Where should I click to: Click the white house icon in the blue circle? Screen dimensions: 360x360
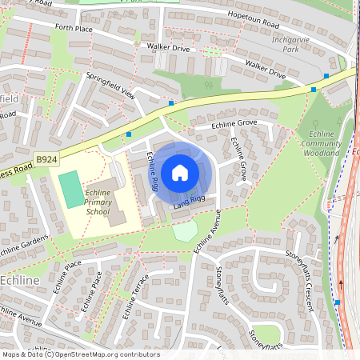(180, 172)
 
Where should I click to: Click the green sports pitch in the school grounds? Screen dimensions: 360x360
(70, 188)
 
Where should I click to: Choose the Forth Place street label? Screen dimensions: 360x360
(74, 28)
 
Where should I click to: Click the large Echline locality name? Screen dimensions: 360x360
(25, 281)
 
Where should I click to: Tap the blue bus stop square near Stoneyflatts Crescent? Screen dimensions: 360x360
(338, 302)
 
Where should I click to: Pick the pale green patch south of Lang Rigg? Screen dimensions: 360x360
(184, 232)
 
